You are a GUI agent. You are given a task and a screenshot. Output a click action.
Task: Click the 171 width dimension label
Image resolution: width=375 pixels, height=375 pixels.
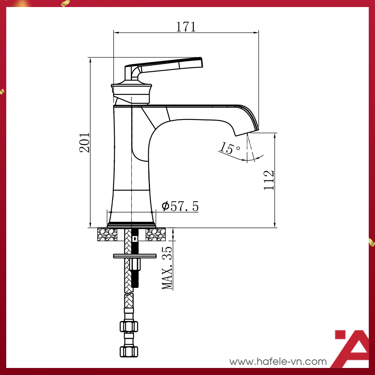click(x=186, y=27)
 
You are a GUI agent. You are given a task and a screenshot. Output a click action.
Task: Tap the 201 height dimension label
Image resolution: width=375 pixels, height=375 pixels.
click(x=85, y=143)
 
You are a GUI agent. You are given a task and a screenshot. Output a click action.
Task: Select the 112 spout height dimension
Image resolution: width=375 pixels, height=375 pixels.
click(x=269, y=180)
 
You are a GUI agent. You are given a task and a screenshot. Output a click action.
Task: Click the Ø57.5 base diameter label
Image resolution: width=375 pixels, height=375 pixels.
click(x=180, y=206)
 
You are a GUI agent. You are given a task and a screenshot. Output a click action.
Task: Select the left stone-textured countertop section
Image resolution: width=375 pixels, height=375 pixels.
click(x=107, y=234)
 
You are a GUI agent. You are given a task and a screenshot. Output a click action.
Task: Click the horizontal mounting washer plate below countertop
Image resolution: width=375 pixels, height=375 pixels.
click(x=135, y=256)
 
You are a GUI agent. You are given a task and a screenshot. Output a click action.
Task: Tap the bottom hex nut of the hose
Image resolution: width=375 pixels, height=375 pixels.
click(x=129, y=350)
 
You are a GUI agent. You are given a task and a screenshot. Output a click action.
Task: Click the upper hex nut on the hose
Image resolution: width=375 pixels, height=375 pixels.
click(x=129, y=326)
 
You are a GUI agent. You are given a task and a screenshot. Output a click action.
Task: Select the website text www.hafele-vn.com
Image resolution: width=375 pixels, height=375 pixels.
click(x=278, y=362)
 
